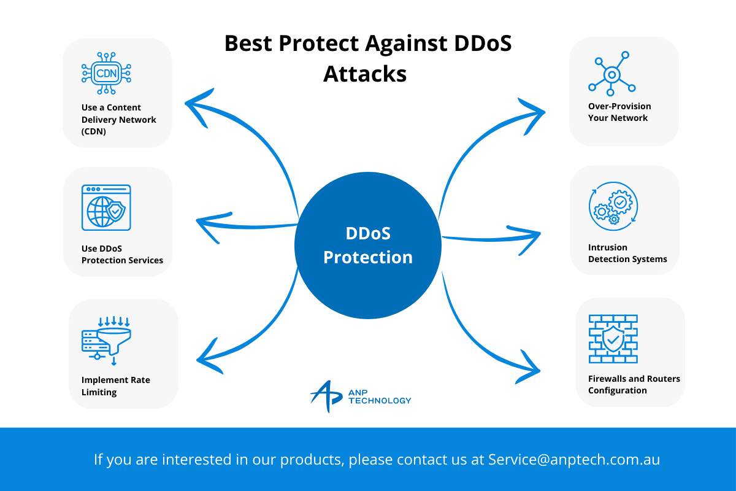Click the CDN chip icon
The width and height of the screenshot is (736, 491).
point(106,73)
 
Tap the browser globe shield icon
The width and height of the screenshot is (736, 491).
point(106,207)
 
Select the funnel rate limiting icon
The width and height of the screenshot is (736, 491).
point(106,341)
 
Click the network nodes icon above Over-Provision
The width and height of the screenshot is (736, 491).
point(612,74)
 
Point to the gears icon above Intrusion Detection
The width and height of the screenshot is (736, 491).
point(613,206)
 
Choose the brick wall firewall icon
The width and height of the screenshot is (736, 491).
point(613,339)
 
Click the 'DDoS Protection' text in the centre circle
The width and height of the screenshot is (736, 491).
point(368,245)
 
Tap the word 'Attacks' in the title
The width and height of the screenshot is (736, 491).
point(365,74)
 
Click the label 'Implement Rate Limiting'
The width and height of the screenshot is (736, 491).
point(116,386)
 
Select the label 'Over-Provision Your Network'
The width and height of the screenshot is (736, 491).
point(619,112)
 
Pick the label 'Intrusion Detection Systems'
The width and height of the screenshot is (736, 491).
point(627,253)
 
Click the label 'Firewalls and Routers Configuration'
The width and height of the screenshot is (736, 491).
point(634,384)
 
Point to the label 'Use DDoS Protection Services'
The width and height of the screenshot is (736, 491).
point(122,254)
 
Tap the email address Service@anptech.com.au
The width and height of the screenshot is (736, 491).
point(574,459)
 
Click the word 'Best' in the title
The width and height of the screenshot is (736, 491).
point(248,43)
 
